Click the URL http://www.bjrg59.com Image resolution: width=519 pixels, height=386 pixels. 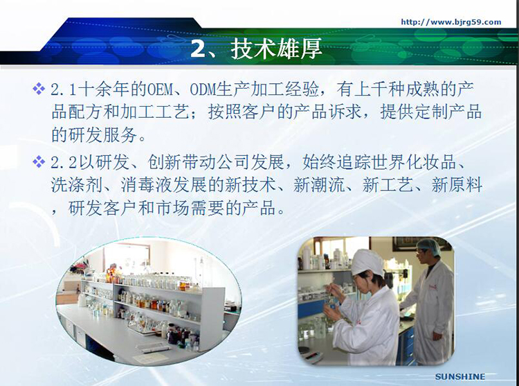click(x=451, y=22)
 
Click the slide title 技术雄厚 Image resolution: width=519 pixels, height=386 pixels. click(x=276, y=49)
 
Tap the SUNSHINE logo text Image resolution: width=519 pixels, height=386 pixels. click(x=460, y=377)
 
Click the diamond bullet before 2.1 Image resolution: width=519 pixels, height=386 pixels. click(x=39, y=89)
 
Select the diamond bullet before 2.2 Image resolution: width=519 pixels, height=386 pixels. click(x=39, y=162)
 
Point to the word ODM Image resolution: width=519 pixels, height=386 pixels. click(x=203, y=89)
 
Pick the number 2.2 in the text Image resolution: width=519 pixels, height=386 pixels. click(x=64, y=163)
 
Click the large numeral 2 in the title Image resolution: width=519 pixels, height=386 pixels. click(x=199, y=49)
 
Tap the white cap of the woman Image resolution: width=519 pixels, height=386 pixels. click(x=367, y=262)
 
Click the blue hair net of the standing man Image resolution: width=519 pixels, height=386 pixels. click(x=428, y=246)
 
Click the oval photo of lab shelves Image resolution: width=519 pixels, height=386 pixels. click(x=149, y=301)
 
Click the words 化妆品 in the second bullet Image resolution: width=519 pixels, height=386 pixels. click(x=431, y=163)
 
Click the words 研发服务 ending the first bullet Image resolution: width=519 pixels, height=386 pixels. click(x=94, y=135)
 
